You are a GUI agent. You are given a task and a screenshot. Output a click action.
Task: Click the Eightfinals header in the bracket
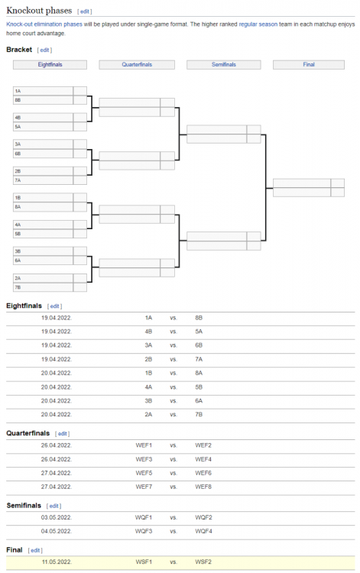pos(50,65)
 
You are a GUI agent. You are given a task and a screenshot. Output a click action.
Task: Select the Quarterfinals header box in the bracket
pos(137,65)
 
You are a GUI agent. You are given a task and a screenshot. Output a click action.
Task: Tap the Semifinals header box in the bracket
pos(223,65)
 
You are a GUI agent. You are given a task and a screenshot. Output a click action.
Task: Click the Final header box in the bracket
pos(309,65)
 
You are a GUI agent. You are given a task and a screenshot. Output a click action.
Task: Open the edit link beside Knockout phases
pos(85,11)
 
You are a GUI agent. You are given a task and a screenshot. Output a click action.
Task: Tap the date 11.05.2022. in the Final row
pos(57,563)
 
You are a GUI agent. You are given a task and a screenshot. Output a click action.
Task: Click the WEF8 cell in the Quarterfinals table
pos(203,486)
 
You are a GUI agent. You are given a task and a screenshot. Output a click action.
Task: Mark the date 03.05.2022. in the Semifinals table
pos(57,517)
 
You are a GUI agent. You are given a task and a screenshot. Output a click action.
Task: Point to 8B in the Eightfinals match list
pos(199,317)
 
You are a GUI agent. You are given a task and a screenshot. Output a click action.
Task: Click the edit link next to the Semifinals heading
pos(54,506)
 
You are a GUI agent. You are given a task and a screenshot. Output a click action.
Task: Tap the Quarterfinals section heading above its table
pos(27,433)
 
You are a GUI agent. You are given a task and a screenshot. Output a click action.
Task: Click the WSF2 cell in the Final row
pos(203,563)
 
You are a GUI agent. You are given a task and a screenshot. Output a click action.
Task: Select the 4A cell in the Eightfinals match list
pos(148,387)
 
